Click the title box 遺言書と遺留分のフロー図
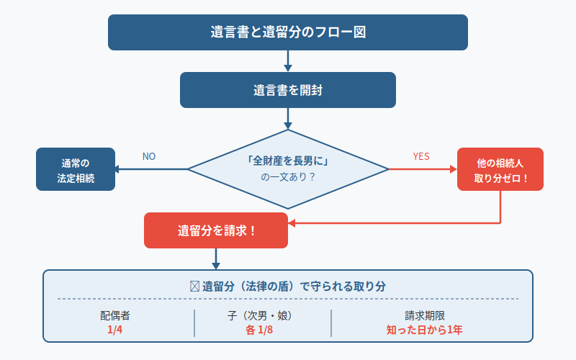point(288,32)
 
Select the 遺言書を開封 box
point(288,90)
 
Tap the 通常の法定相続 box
point(76,169)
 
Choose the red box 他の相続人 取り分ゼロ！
point(500,169)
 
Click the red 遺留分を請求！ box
point(216,230)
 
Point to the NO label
point(149,156)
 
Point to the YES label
point(421,156)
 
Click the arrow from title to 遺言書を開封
point(288,60)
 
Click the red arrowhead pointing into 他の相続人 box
point(452,169)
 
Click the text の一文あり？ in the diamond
point(288,177)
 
